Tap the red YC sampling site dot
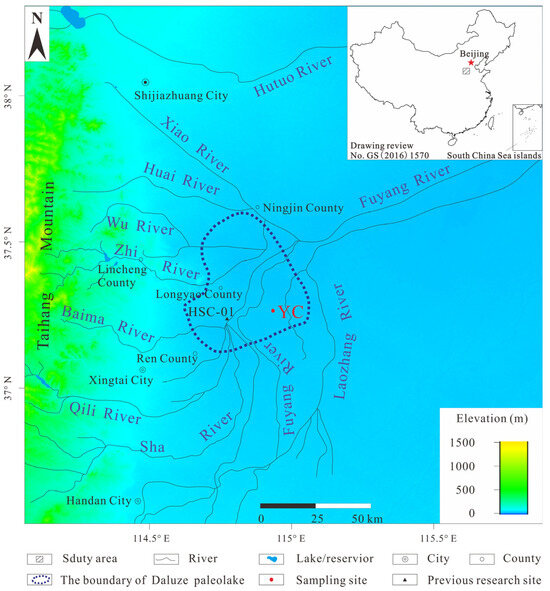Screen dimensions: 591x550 [x=274, y=311]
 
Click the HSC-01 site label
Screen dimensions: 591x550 [x=210, y=312]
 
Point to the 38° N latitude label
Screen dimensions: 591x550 [x=10, y=101]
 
